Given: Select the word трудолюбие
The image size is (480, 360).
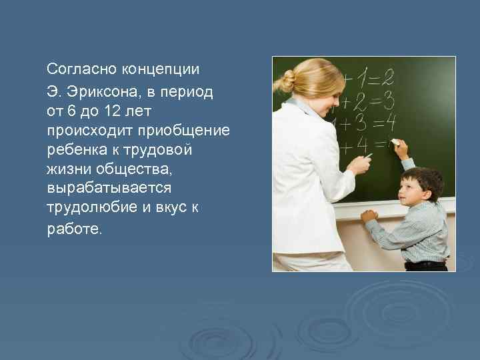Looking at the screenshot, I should [x=90, y=208].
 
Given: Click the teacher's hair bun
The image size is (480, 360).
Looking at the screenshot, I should [x=287, y=81].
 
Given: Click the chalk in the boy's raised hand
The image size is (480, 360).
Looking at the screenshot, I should [x=395, y=141].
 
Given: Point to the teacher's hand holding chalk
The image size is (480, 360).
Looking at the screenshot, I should [x=359, y=162].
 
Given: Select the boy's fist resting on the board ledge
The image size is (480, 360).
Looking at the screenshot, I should [x=369, y=215].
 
